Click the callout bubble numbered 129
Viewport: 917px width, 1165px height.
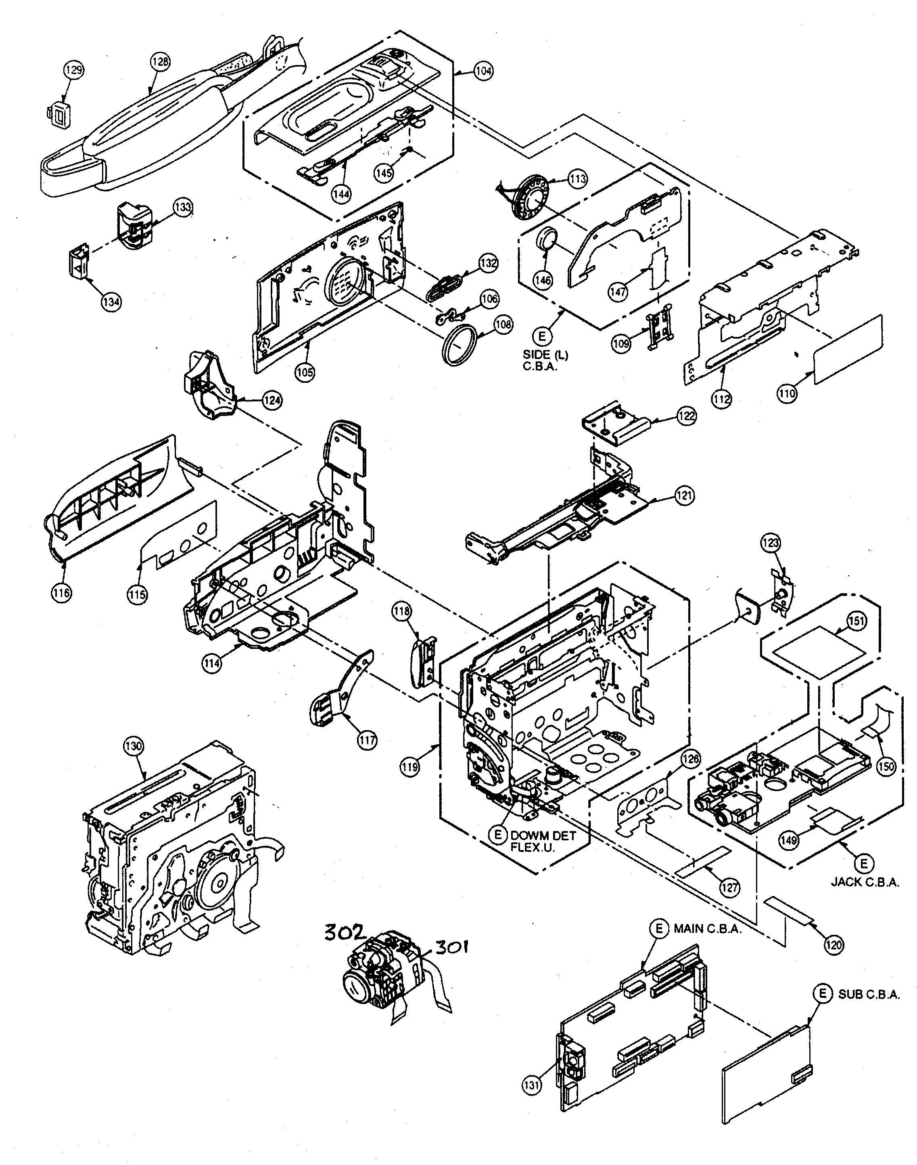pos(74,69)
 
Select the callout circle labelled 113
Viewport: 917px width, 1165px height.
pos(578,178)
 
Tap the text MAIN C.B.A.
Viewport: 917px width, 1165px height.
pos(707,928)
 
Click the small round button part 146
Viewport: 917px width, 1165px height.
pos(547,239)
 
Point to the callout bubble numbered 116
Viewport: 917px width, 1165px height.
pos(62,593)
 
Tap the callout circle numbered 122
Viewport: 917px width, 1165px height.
pos(685,416)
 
